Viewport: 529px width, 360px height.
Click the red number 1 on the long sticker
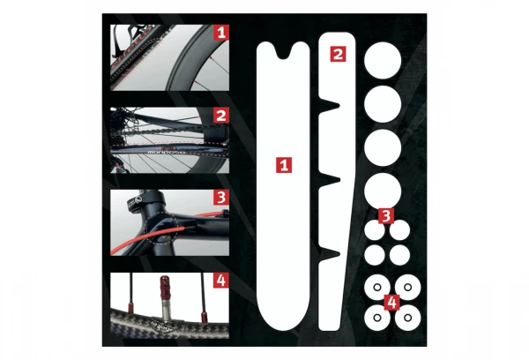pyautogui.click(x=283, y=165)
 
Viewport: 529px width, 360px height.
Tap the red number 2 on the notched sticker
pyautogui.click(x=337, y=54)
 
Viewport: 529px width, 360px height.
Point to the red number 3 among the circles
pyautogui.click(x=386, y=215)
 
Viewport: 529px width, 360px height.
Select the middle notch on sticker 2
pyautogui.click(x=333, y=182)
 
